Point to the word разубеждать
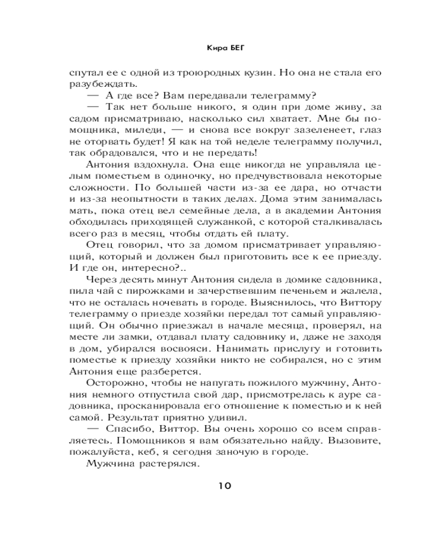coord(97,84)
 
